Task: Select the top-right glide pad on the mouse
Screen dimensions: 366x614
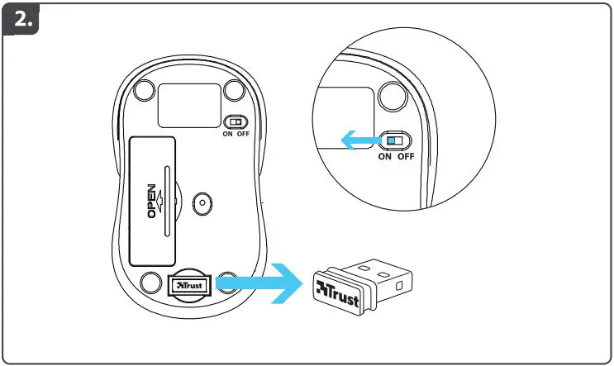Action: (233, 88)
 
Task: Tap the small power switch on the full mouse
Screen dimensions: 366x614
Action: (236, 121)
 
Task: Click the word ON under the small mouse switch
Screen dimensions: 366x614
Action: (227, 135)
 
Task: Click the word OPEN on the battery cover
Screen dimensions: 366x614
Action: (152, 200)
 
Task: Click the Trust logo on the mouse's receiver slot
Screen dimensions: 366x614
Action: (189, 284)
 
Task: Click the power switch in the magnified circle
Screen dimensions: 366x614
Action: (393, 140)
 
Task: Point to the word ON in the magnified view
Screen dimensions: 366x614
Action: (385, 157)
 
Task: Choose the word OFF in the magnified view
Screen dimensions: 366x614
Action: (405, 157)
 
